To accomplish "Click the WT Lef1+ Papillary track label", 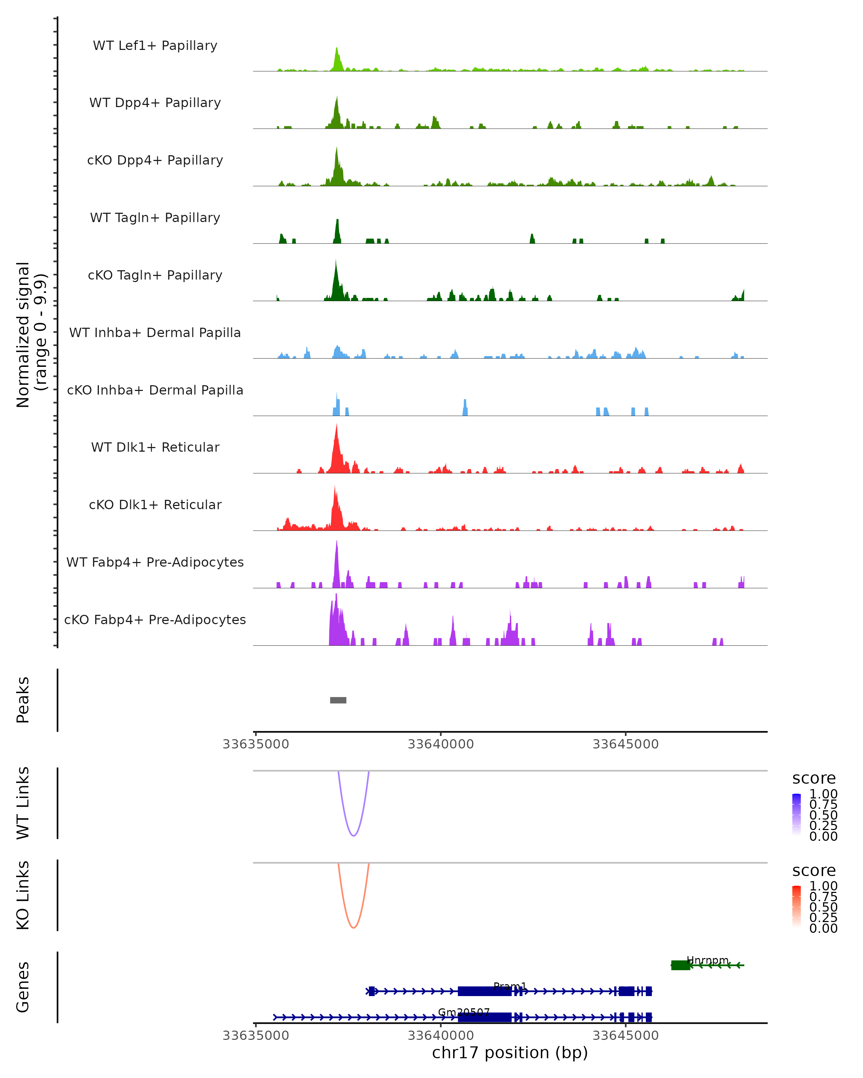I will [x=155, y=46].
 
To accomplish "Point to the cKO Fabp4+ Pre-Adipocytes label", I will [x=155, y=619].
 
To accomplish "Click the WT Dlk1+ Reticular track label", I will [x=155, y=447].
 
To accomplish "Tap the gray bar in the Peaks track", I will [x=338, y=700].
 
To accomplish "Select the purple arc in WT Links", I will [x=354, y=835].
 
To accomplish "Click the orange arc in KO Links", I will [x=354, y=927].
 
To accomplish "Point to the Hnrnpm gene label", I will [x=707, y=960].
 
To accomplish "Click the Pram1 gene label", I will [x=510, y=986].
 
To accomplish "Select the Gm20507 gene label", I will [x=464, y=1012].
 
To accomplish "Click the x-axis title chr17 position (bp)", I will [x=510, y=1053].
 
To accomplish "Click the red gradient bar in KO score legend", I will [x=796, y=907].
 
